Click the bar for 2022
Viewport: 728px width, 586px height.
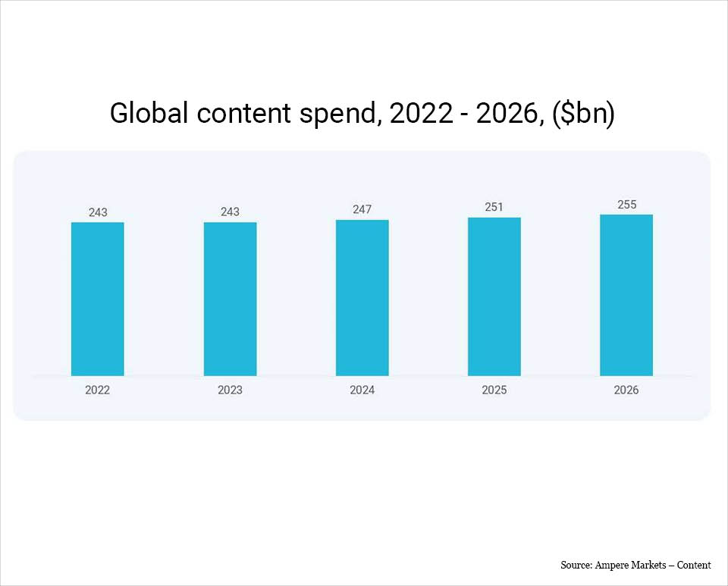tap(98, 299)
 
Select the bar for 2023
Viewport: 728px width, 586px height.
tap(230, 299)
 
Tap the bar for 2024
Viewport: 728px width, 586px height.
tap(362, 298)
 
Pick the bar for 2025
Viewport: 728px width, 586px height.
tap(494, 296)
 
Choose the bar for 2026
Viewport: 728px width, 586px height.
tap(626, 295)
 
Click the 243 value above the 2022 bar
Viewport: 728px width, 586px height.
tap(98, 212)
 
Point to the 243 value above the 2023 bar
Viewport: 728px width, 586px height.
tap(230, 212)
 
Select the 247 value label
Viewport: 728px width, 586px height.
tap(362, 209)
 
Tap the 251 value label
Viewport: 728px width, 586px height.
tap(494, 207)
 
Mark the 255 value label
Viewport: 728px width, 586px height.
tap(626, 205)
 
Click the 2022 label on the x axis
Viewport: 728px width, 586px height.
tap(98, 390)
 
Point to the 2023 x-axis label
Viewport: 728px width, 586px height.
tap(230, 390)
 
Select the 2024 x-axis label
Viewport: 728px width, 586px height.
tap(362, 390)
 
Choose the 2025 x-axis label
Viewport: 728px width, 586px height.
tap(494, 390)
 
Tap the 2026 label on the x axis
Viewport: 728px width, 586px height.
tap(626, 390)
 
